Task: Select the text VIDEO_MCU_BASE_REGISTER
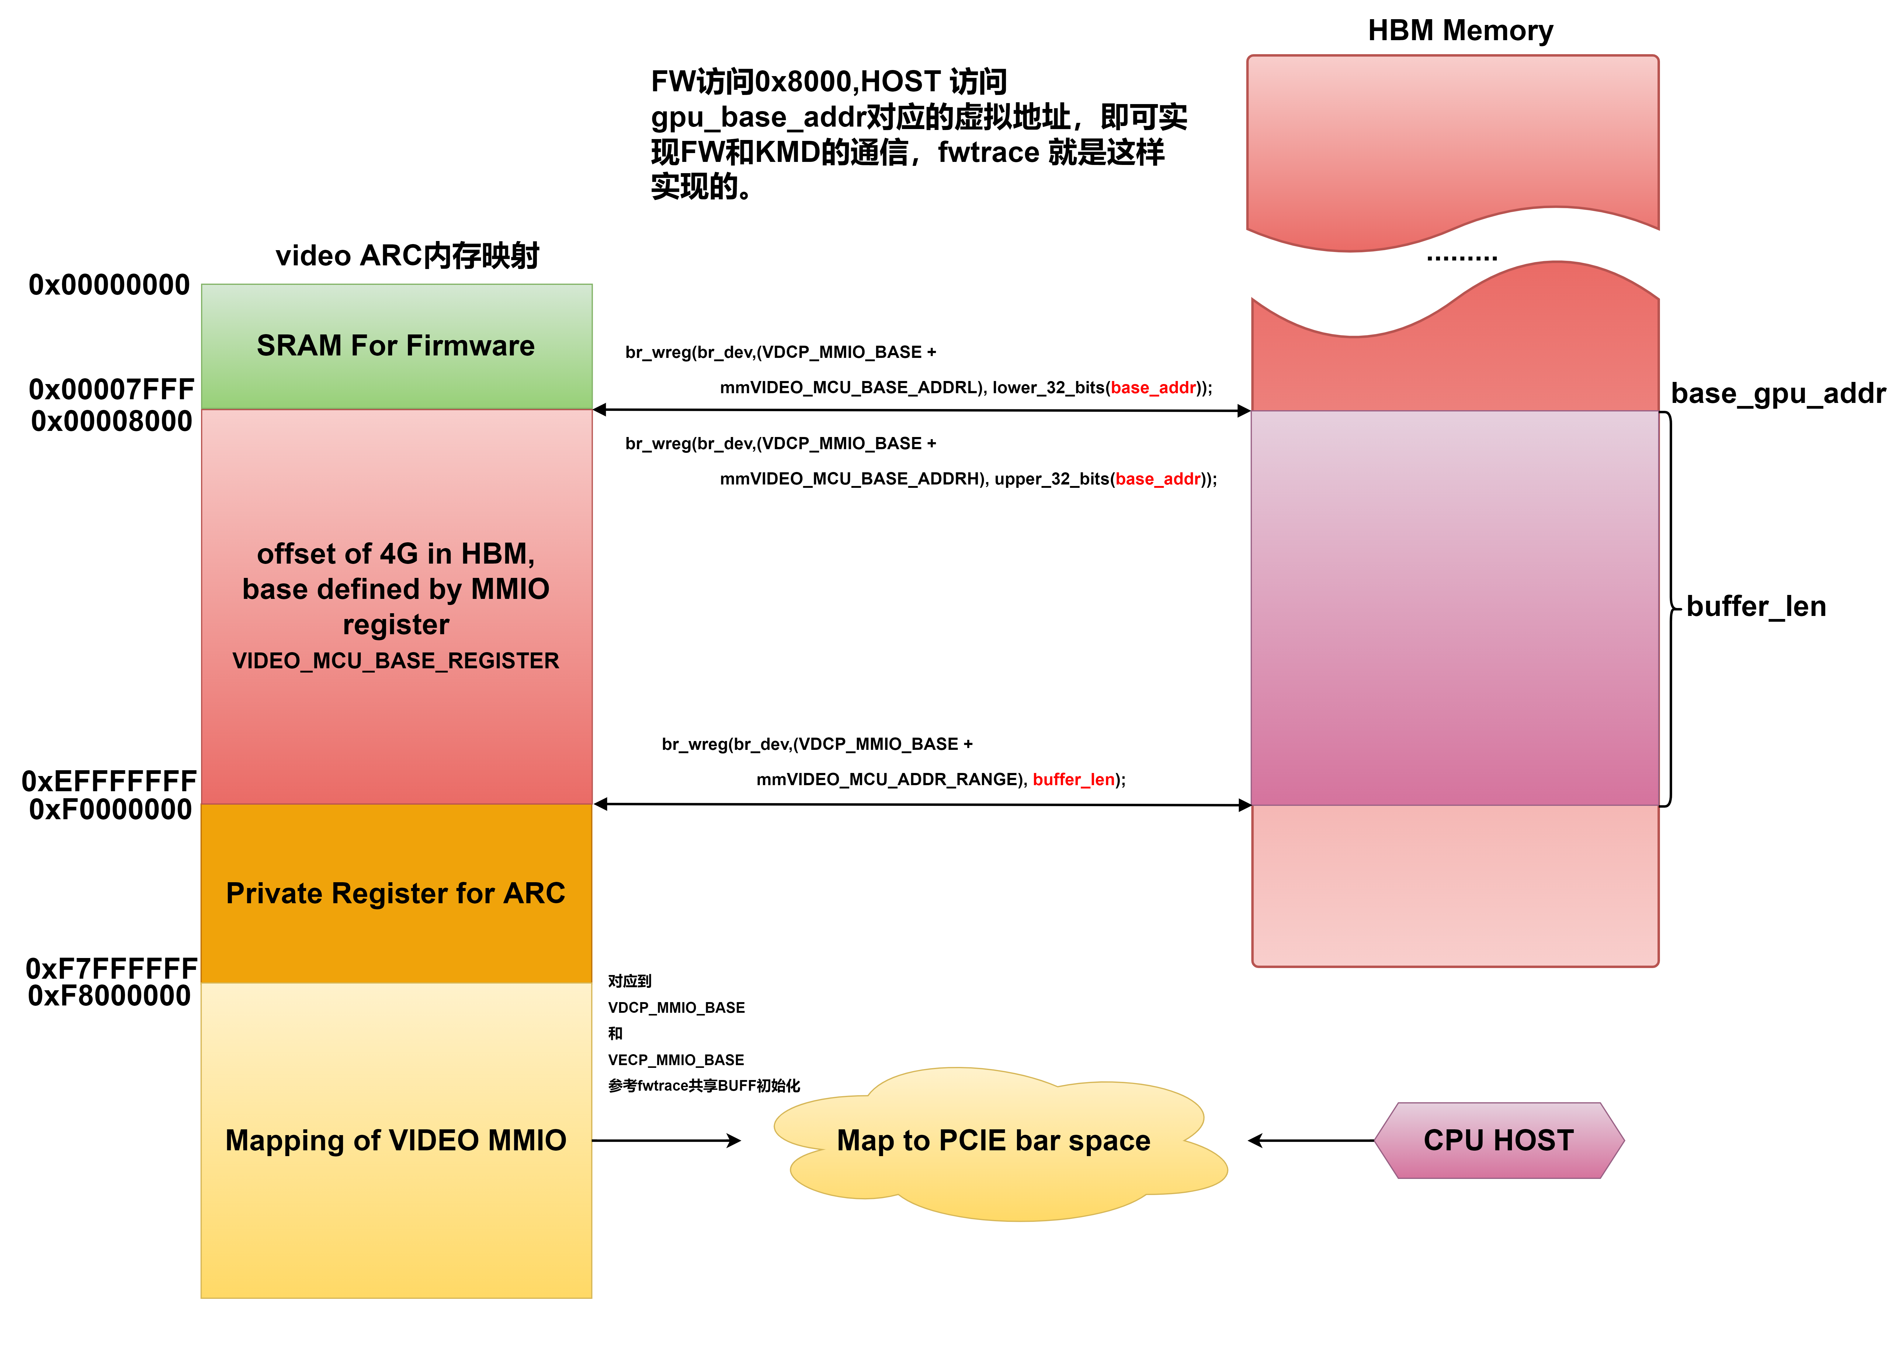395,661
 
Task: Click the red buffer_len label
1073,780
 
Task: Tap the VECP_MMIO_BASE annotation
676,1060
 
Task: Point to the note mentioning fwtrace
703,1086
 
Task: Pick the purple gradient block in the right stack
1454,607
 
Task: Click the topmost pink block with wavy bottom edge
1453,142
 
